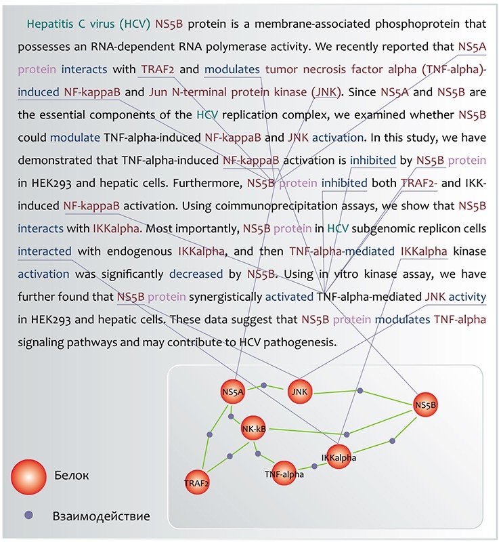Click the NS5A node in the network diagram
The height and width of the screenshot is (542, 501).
(x=232, y=392)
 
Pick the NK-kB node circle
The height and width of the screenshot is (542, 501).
(x=253, y=428)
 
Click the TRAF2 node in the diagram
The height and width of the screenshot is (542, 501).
(x=196, y=482)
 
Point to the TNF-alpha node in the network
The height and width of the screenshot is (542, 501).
(x=284, y=474)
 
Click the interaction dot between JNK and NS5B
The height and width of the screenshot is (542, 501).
(x=360, y=391)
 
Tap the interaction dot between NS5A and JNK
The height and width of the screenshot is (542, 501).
(x=263, y=385)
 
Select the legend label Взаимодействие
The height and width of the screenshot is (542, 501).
(x=101, y=517)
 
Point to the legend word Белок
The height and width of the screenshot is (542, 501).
(x=71, y=476)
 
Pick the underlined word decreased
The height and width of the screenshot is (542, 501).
(x=197, y=274)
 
